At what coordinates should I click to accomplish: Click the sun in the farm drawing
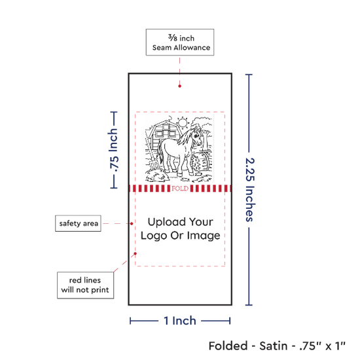[x=183, y=122]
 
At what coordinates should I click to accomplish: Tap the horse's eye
[x=196, y=136]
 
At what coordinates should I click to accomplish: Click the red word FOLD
[x=180, y=189]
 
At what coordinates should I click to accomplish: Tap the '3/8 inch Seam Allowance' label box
[x=180, y=43]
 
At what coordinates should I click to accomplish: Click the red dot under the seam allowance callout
[x=179, y=86]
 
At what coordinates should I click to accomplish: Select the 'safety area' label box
[x=78, y=223]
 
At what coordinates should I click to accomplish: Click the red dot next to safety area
[x=132, y=224]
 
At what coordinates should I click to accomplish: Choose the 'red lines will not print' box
[x=85, y=285]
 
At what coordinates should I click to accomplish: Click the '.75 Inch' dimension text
[x=113, y=150]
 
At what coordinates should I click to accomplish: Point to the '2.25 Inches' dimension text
[x=250, y=190]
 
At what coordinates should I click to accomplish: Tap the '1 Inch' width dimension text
[x=180, y=321]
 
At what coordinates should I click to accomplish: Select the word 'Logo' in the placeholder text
[x=154, y=236]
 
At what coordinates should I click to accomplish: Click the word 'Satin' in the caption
[x=274, y=346]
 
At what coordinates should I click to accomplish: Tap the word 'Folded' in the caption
[x=228, y=346]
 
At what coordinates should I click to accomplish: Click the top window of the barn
[x=166, y=127]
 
